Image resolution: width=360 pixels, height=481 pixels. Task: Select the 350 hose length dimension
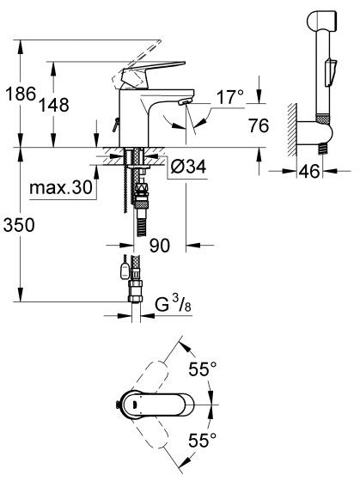19,226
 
